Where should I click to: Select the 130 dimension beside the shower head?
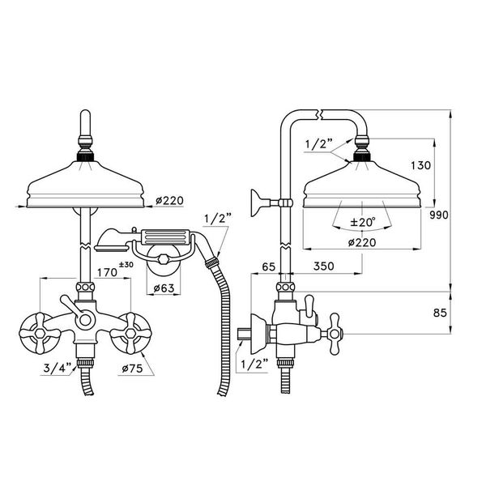pos(422,165)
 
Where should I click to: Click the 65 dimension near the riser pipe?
pos(270,266)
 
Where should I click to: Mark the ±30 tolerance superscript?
pos(126,265)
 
